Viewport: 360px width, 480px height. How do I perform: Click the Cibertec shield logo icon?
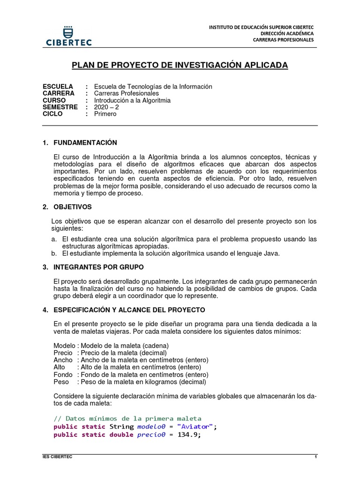pos(68,30)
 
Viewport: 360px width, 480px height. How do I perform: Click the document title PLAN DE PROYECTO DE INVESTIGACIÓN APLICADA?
pos(180,65)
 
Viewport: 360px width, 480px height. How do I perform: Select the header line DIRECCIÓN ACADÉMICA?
pos(287,33)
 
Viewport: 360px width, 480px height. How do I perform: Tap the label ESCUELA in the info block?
pos(58,87)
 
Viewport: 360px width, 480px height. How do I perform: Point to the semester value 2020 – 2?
pos(106,107)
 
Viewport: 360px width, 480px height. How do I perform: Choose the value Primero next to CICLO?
pos(105,114)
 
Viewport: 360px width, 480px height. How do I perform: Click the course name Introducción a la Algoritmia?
pos(132,100)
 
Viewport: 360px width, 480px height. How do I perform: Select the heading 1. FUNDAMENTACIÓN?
pos(80,142)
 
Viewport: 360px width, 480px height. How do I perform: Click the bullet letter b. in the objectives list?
pos(54,254)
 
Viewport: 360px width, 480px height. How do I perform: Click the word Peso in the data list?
pos(61,382)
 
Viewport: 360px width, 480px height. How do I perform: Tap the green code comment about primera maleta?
pos(127,419)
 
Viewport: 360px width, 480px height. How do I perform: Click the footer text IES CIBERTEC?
pos(54,457)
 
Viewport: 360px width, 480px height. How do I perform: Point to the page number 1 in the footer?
pos(315,457)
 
